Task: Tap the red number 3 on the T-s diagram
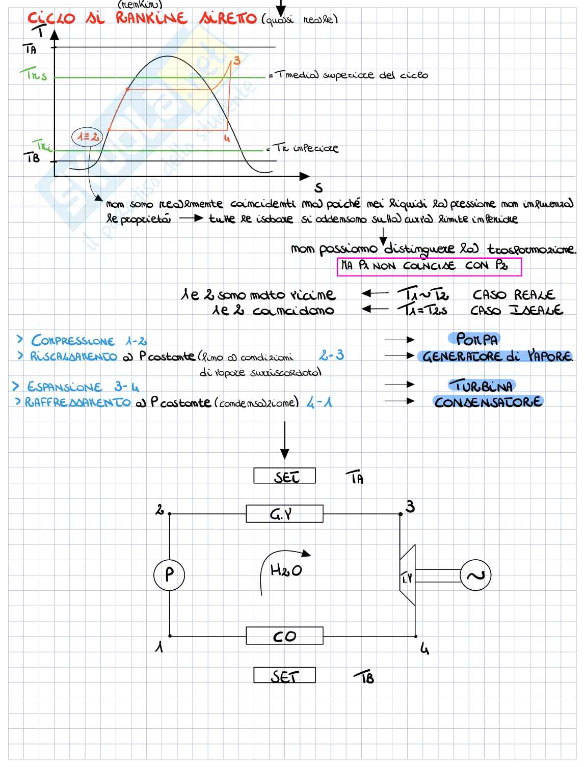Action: pyautogui.click(x=236, y=61)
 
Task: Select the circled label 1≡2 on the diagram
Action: pyautogui.click(x=87, y=136)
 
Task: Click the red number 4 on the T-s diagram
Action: pyautogui.click(x=227, y=138)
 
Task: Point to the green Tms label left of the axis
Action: pyautogui.click(x=36, y=76)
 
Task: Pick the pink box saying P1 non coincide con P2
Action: pyautogui.click(x=429, y=266)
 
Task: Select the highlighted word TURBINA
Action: pyautogui.click(x=482, y=386)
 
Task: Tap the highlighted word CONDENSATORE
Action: pyautogui.click(x=488, y=402)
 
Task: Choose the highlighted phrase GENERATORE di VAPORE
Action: pyautogui.click(x=497, y=356)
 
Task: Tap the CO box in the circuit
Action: pyautogui.click(x=284, y=636)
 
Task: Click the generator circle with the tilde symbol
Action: pyautogui.click(x=475, y=575)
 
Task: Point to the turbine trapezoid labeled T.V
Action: pyautogui.click(x=408, y=576)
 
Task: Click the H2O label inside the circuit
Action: pyautogui.click(x=286, y=570)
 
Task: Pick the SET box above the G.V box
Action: pyautogui.click(x=284, y=476)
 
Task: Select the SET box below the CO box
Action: pyautogui.click(x=284, y=675)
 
